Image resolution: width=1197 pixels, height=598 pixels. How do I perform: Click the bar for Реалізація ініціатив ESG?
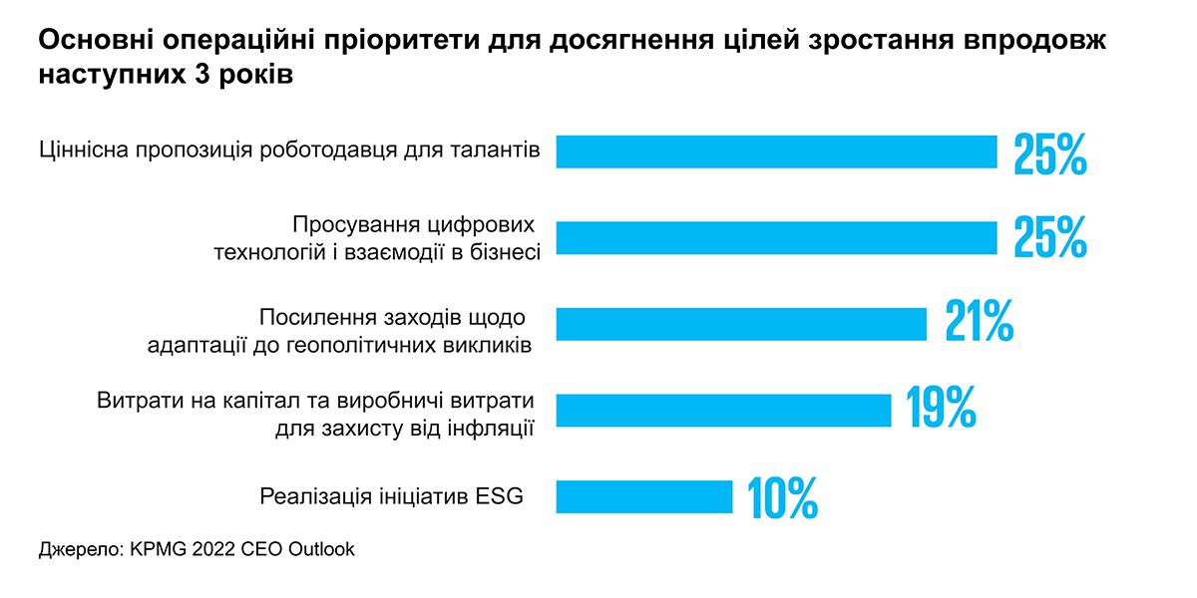[643, 496]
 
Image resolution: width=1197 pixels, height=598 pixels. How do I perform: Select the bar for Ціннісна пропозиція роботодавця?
[776, 151]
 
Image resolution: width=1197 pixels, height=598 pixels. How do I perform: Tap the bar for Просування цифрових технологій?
[776, 238]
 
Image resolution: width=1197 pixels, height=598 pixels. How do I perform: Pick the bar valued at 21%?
[740, 324]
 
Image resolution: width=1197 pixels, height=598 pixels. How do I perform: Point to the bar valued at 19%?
[723, 410]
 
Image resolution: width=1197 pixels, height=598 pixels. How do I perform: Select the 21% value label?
[979, 321]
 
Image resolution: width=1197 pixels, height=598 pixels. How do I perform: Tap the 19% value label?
[941, 407]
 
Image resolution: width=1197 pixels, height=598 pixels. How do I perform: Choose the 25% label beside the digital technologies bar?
[1049, 238]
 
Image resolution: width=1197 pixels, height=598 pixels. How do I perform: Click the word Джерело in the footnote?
[78, 550]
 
